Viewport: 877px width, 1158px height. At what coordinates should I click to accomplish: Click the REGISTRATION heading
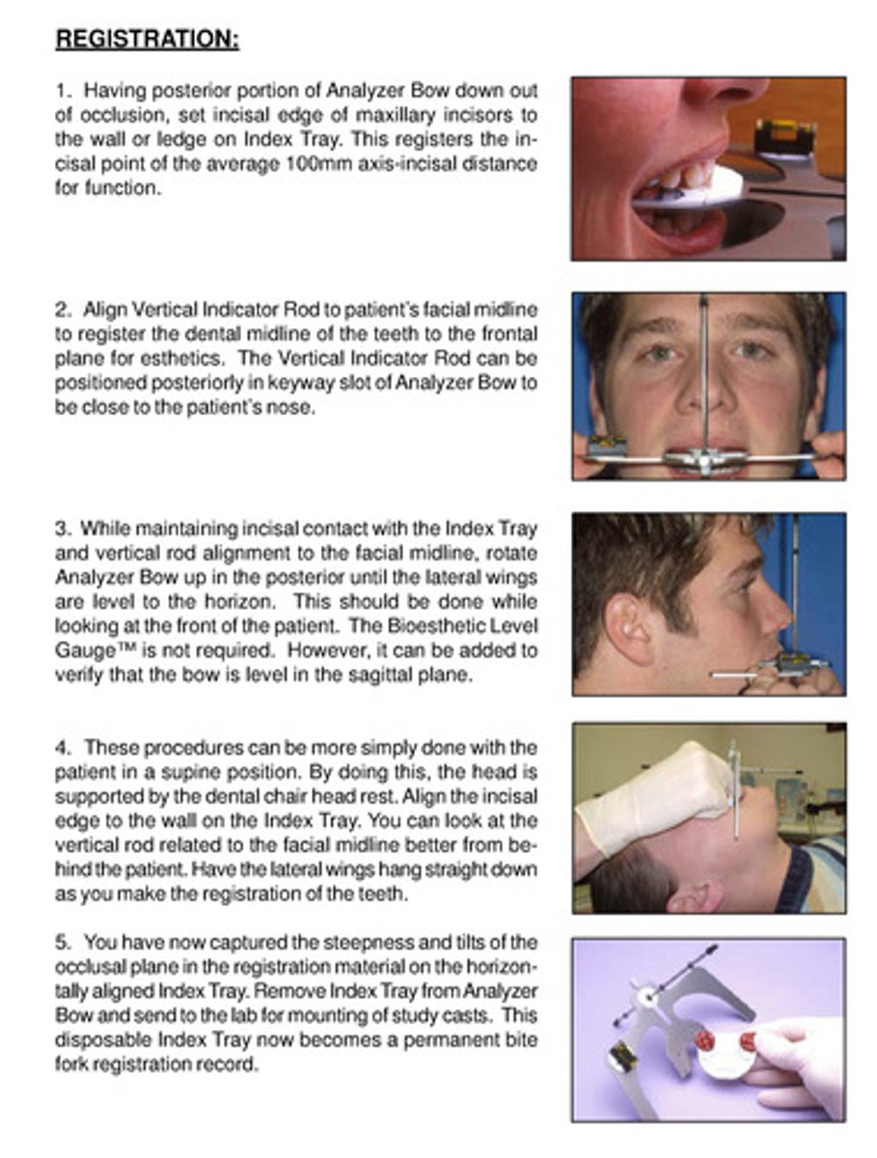coord(147,41)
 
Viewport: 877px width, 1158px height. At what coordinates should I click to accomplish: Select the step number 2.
coord(61,311)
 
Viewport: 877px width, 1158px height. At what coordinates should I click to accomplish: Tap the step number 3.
coord(61,529)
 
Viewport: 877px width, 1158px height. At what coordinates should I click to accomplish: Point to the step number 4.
coord(61,748)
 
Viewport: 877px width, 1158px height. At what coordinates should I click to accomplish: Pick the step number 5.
coord(61,942)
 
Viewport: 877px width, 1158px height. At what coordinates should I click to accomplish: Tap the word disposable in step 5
coord(94,1040)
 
